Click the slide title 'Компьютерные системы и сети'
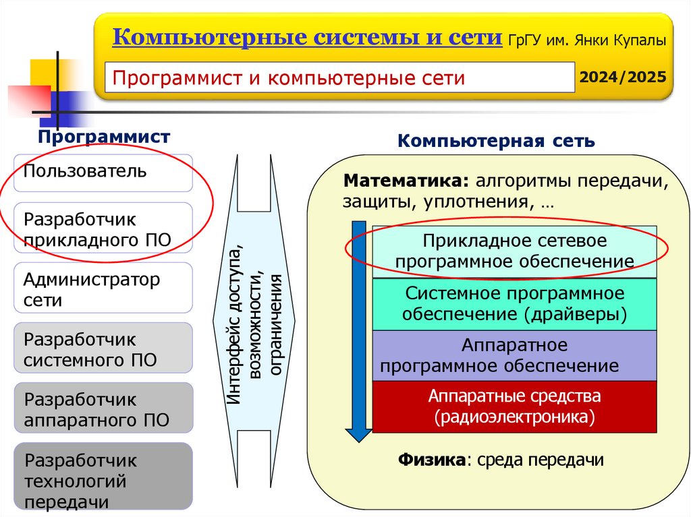tap(307, 37)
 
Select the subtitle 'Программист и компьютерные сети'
tap(289, 78)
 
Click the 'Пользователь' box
tap(103, 172)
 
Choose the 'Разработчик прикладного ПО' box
tap(103, 229)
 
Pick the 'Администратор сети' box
tap(103, 288)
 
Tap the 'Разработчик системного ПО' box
tap(103, 348)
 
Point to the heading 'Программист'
tap(104, 138)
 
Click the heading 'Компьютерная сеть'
tap(496, 142)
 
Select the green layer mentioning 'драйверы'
tap(514, 303)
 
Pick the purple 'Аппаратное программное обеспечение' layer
tap(514, 355)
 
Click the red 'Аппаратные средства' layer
tap(514, 406)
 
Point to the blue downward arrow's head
tap(358, 434)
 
